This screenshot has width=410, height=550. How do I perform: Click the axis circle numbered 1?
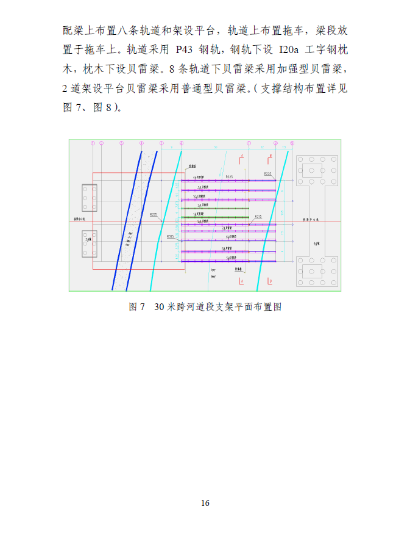coord(93,143)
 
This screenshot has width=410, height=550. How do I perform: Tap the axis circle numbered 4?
coord(141,143)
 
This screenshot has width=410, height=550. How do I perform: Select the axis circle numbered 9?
coord(292,143)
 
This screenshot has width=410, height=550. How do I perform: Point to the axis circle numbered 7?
coord(249,143)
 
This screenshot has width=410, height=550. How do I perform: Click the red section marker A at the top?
coord(241,157)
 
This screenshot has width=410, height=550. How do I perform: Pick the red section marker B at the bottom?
coord(270,280)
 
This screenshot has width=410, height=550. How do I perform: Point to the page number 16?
coord(205,503)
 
